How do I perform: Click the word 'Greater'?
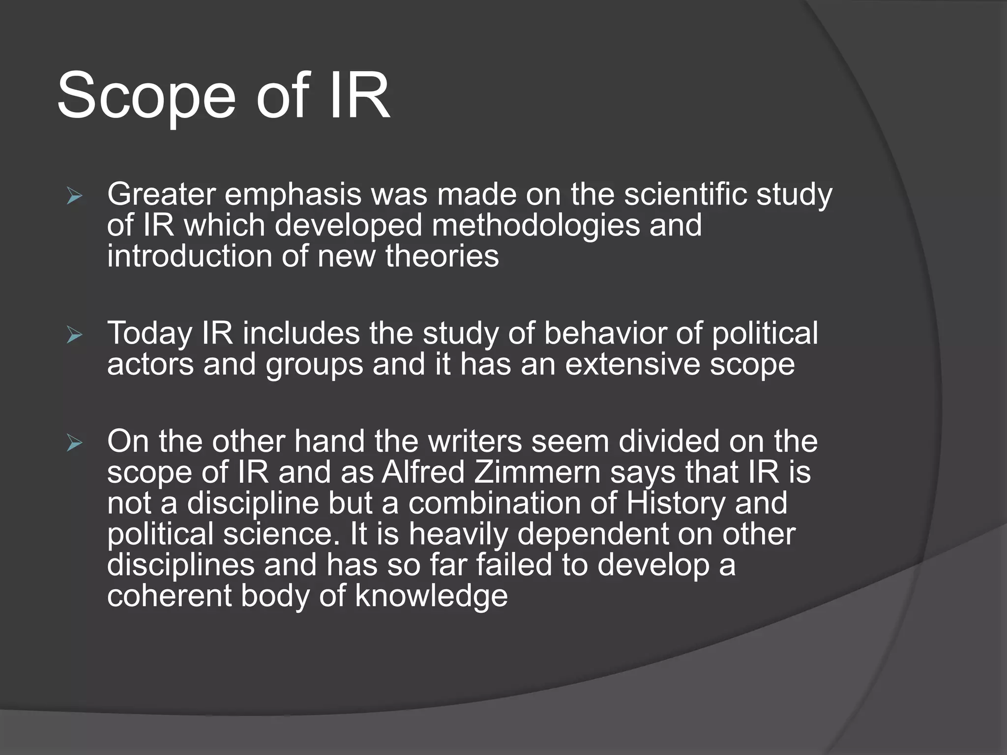pyautogui.click(x=161, y=195)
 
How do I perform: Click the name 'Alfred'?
pyautogui.click(x=423, y=473)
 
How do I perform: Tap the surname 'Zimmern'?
pyautogui.click(x=537, y=473)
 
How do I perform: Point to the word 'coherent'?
pyautogui.click(x=169, y=596)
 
